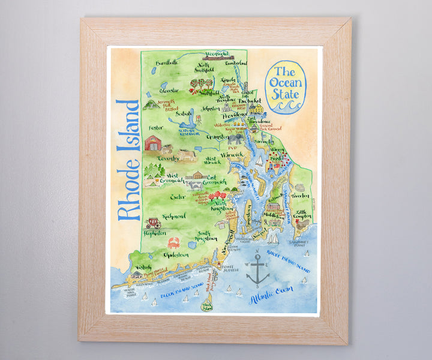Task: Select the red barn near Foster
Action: (154, 143)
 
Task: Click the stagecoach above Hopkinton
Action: (153, 223)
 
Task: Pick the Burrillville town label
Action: (167, 62)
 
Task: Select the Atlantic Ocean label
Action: (277, 292)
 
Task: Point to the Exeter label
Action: (161, 196)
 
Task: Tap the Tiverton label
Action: (301, 196)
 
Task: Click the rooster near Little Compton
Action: (303, 224)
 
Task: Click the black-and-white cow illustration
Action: (195, 185)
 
